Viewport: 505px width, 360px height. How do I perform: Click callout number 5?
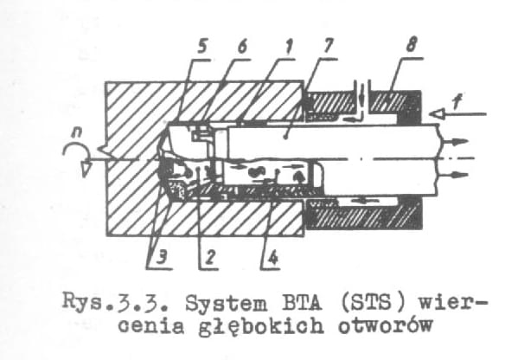click(201, 48)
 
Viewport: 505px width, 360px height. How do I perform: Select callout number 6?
click(242, 48)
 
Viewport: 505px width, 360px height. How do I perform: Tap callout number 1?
click(288, 48)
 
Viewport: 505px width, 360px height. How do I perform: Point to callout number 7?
click(327, 47)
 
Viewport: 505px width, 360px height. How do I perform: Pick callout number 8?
click(412, 45)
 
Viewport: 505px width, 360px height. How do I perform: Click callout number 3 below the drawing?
click(163, 258)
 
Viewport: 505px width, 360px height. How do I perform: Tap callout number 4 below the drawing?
click(272, 258)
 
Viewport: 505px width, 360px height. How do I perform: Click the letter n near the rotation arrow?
click(77, 132)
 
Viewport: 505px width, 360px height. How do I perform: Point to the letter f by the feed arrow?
click(457, 102)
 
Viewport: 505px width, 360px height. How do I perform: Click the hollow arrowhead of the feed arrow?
click(437, 113)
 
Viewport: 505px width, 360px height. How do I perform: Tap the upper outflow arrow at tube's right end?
click(455, 141)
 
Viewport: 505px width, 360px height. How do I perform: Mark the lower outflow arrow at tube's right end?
click(455, 175)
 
